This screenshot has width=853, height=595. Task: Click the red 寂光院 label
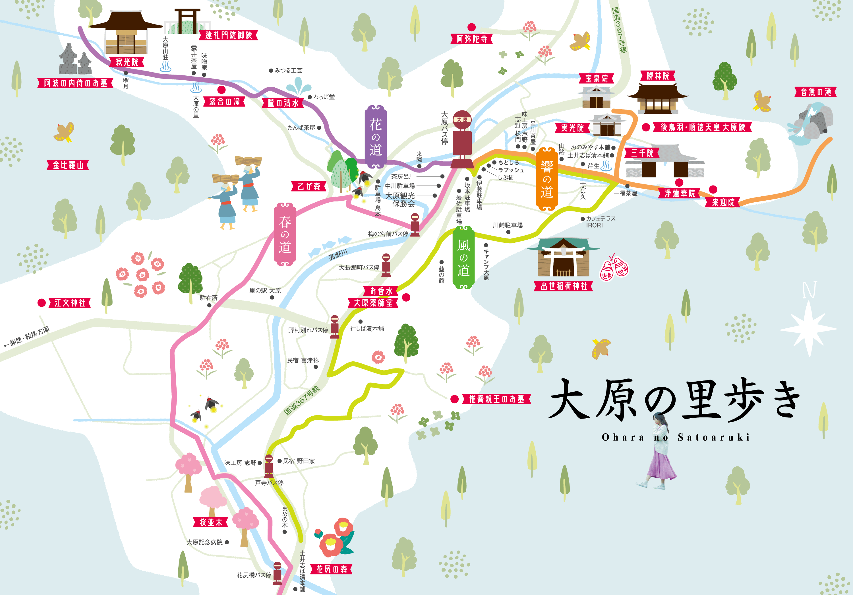tap(127, 62)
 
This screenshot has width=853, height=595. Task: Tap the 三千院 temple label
tap(642, 153)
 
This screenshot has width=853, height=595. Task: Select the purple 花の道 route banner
tap(375, 137)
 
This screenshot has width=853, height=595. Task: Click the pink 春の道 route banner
tap(285, 234)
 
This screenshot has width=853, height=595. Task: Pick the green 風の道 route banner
tap(463, 257)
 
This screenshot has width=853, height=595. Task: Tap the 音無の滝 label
tap(815, 92)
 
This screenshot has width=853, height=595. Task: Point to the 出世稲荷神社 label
tap(563, 286)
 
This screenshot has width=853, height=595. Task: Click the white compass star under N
tap(808, 329)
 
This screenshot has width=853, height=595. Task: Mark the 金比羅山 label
tap(68, 165)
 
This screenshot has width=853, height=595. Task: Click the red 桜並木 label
tap(211, 522)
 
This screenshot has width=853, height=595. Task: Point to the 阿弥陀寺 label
tap(471, 39)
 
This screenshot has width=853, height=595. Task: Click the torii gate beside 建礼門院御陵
tap(187, 21)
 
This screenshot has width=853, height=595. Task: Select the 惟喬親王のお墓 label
tap(496, 399)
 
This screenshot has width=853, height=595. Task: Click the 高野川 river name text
tap(338, 255)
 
